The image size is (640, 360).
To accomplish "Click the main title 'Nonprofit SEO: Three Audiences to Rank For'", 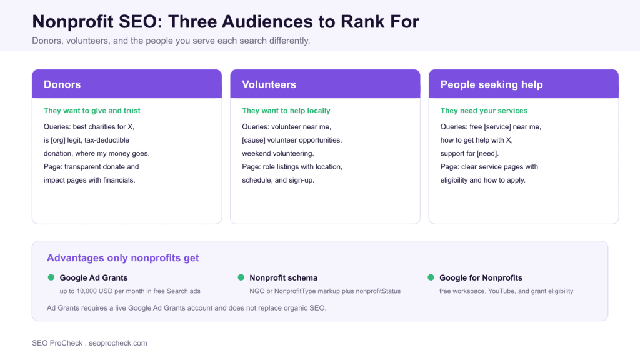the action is click(226, 22).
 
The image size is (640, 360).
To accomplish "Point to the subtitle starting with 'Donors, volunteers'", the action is click(171, 41).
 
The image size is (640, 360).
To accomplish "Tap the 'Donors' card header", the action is click(127, 84).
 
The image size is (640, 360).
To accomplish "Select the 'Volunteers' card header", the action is click(325, 84).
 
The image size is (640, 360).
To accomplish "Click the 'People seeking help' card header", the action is click(524, 84).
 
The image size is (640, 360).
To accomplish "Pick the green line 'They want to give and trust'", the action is click(92, 111).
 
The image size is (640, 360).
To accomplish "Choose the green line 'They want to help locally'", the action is click(286, 111).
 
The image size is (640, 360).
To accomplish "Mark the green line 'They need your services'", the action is click(484, 111).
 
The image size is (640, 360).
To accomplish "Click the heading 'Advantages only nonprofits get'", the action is click(123, 258).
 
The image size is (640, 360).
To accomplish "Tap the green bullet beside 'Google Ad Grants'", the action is click(51, 277).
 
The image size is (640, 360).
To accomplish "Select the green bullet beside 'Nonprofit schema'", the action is click(241, 277).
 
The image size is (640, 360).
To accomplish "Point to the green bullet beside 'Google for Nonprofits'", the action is click(431, 277).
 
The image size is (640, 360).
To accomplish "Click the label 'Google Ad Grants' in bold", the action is click(94, 278).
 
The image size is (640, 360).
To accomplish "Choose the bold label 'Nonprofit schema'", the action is click(283, 278).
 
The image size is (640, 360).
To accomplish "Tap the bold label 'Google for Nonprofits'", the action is click(481, 278).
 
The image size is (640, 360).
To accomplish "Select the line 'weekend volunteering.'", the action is click(278, 154).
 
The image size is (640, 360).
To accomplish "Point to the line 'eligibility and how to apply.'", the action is click(483, 180).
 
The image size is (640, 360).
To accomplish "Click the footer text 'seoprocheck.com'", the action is click(118, 343).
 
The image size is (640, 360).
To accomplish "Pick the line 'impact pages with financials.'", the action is click(89, 180).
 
